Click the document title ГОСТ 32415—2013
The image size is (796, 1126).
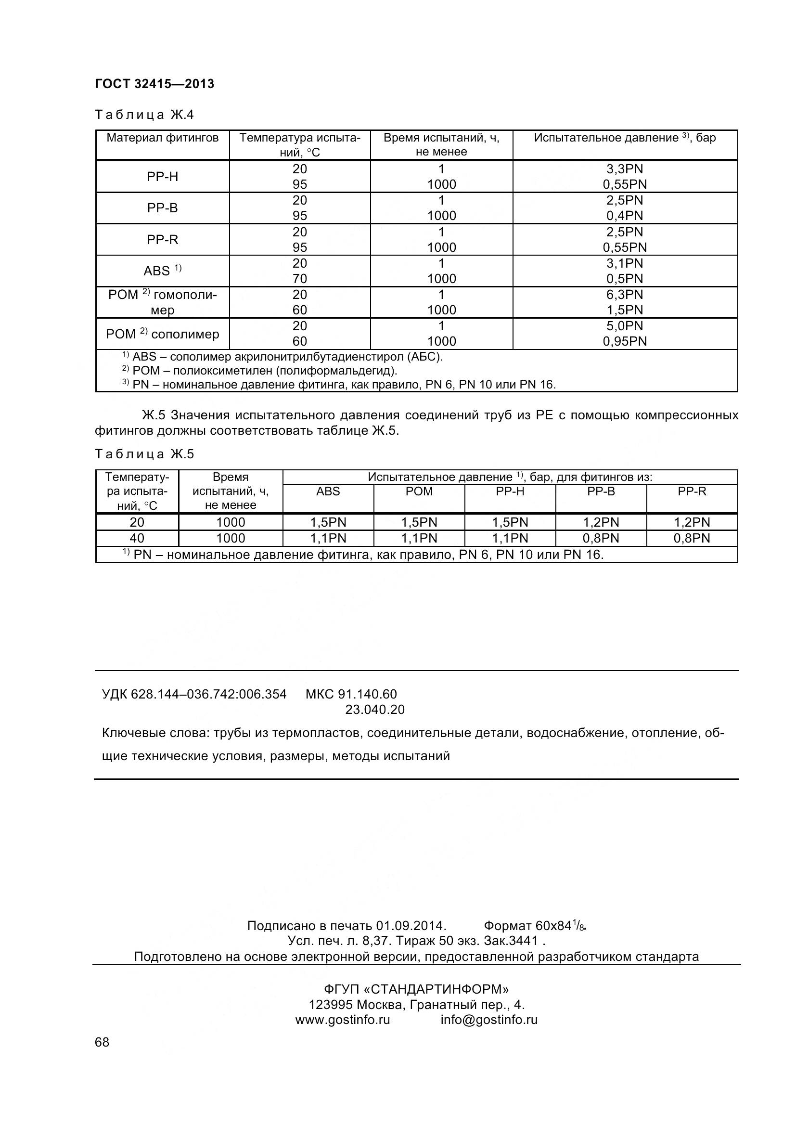pos(154,84)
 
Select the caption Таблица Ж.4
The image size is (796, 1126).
pos(144,115)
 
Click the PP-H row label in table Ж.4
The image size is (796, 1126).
pos(162,177)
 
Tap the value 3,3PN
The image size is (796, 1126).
pos(625,169)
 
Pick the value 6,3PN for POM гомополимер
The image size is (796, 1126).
pos(625,295)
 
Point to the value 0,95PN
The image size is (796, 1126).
pos(625,341)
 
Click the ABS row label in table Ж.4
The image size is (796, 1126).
pos(162,271)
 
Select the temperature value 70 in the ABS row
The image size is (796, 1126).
pos(299,279)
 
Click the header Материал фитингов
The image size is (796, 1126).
pos(162,138)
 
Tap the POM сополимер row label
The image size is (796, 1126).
pos(162,334)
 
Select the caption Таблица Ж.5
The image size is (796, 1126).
pos(144,454)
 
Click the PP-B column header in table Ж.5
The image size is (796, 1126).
pos(601,492)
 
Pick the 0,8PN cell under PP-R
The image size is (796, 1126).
pos(692,539)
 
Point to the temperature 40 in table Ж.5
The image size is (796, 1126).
pos(137,539)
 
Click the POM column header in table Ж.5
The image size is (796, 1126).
pos(419,492)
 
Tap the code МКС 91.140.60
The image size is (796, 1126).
pos(351,694)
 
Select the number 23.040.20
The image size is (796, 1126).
pos(375,710)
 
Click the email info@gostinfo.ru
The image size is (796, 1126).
pos(488,1020)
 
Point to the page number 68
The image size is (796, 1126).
pos(102,1042)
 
